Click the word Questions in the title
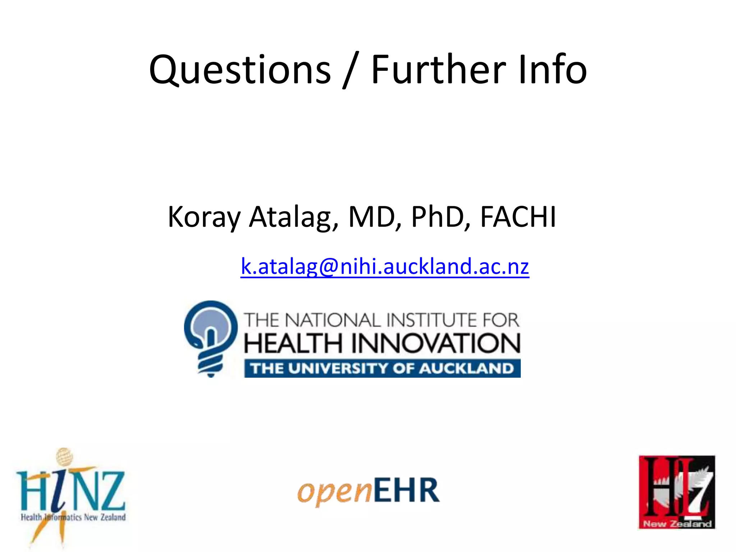(x=240, y=70)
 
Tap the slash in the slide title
(x=350, y=70)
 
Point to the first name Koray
(x=204, y=217)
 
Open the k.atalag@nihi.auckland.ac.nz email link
(x=385, y=267)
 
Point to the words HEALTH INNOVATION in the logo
(x=382, y=343)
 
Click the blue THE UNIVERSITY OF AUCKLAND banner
(x=382, y=369)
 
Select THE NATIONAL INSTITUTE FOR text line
(x=382, y=320)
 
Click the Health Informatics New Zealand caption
(x=73, y=517)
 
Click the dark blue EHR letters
(x=406, y=490)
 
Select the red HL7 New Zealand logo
(x=677, y=492)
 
